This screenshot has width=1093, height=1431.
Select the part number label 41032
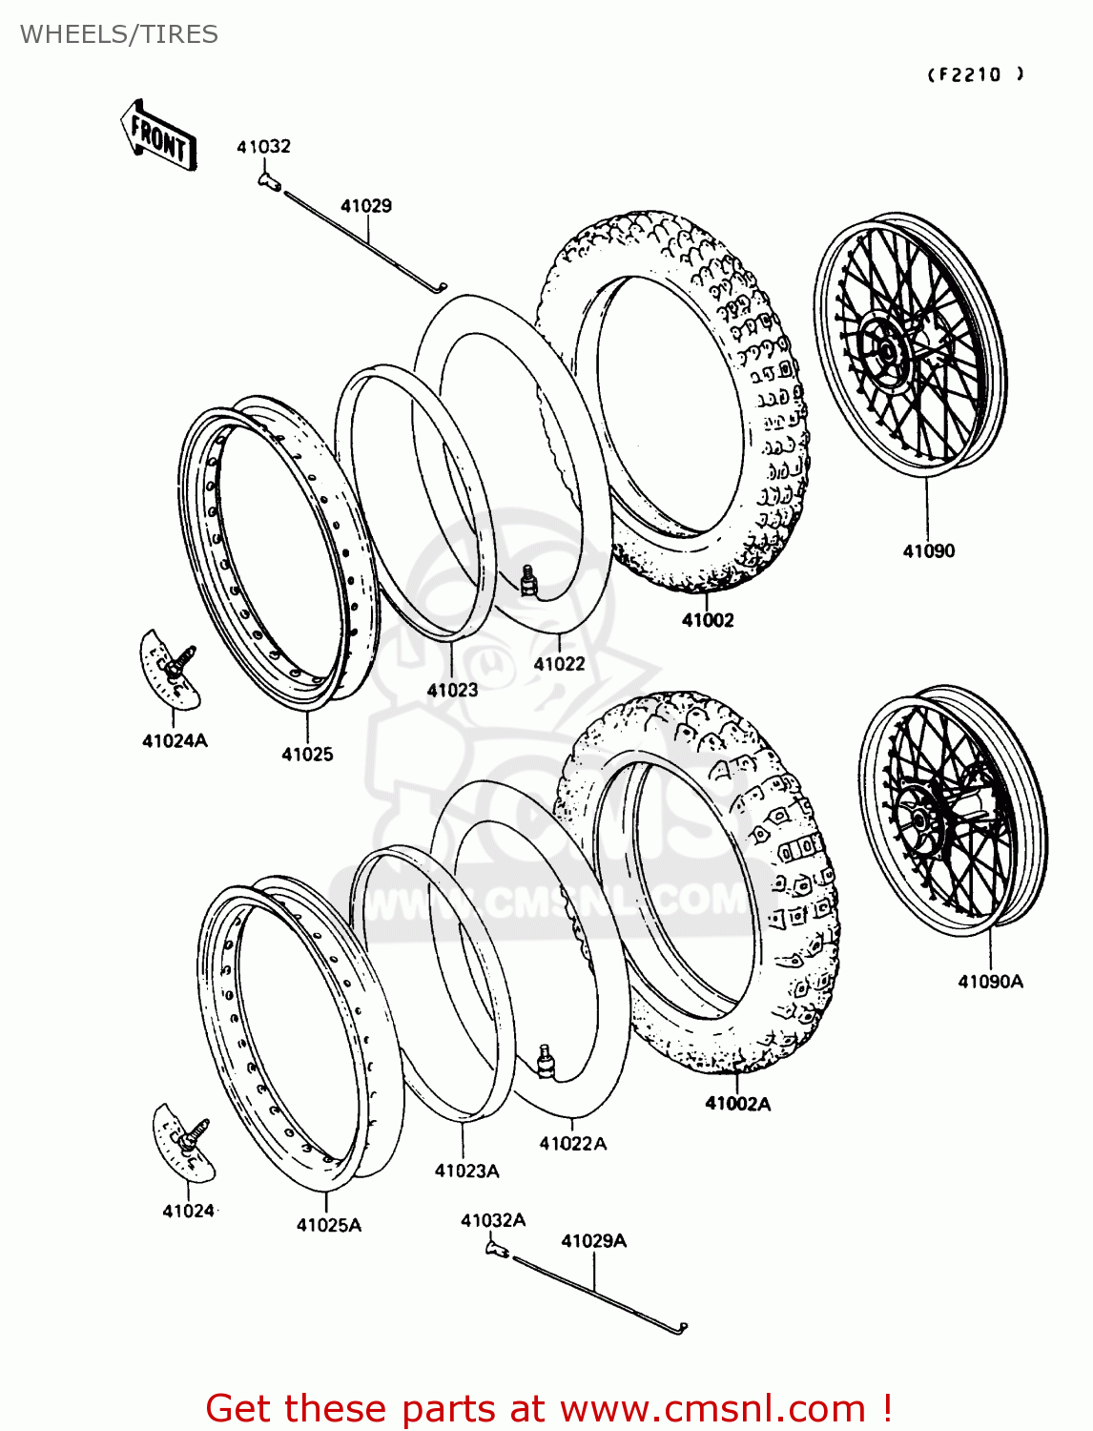[x=263, y=146]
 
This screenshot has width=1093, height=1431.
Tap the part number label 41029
[x=366, y=205]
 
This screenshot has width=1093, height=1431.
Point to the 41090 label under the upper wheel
[x=928, y=550]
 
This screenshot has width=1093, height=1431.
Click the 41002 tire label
[x=708, y=620]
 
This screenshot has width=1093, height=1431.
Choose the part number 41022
[x=559, y=664]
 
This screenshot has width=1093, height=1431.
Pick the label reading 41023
[x=452, y=690]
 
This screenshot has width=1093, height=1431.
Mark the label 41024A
[x=175, y=740]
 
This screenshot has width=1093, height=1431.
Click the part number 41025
[x=307, y=754]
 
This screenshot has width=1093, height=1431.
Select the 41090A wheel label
[x=990, y=981]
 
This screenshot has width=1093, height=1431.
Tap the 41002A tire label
[x=737, y=1104]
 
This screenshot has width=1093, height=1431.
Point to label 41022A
[x=572, y=1143]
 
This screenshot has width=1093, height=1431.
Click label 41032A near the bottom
[x=493, y=1220]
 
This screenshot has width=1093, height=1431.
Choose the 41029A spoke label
[x=593, y=1240]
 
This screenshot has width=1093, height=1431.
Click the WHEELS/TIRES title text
[x=119, y=34]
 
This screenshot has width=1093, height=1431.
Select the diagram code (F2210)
[x=976, y=74]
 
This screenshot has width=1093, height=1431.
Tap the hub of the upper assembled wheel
[x=885, y=351]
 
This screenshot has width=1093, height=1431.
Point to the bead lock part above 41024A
[x=171, y=668]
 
